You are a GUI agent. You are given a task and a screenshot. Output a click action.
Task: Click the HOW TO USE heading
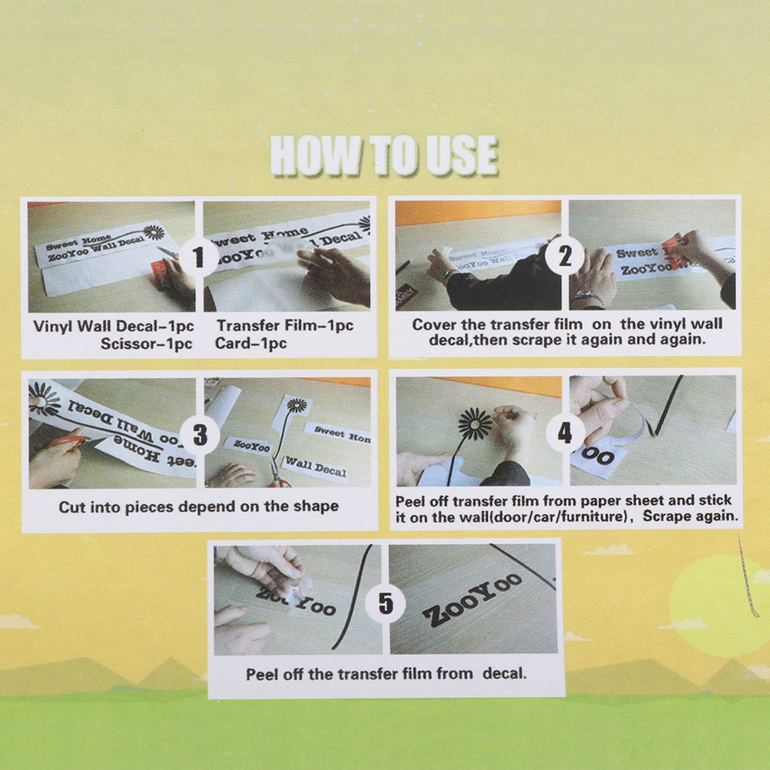coord(384,155)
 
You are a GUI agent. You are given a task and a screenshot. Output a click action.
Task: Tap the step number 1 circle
coord(198,257)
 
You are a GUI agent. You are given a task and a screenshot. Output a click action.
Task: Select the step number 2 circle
coord(565,255)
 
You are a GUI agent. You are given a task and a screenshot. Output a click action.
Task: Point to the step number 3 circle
coord(200,435)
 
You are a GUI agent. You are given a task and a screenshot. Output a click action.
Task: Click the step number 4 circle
coord(566,433)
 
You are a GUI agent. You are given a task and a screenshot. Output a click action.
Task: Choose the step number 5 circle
coord(386,603)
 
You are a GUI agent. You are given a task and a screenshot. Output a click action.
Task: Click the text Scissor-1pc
coord(146,344)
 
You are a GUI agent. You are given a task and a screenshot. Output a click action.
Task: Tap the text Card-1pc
coord(251,343)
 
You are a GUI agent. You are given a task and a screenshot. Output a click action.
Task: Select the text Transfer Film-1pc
coord(285,325)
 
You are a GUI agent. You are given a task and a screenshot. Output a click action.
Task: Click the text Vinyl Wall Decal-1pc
coord(114,326)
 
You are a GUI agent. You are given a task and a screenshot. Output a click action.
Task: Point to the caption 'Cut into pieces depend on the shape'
coord(198,506)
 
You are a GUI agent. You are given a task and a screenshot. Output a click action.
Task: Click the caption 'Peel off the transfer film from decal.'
coord(386,673)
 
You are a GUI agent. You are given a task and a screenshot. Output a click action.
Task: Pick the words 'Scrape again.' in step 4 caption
coord(690,516)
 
